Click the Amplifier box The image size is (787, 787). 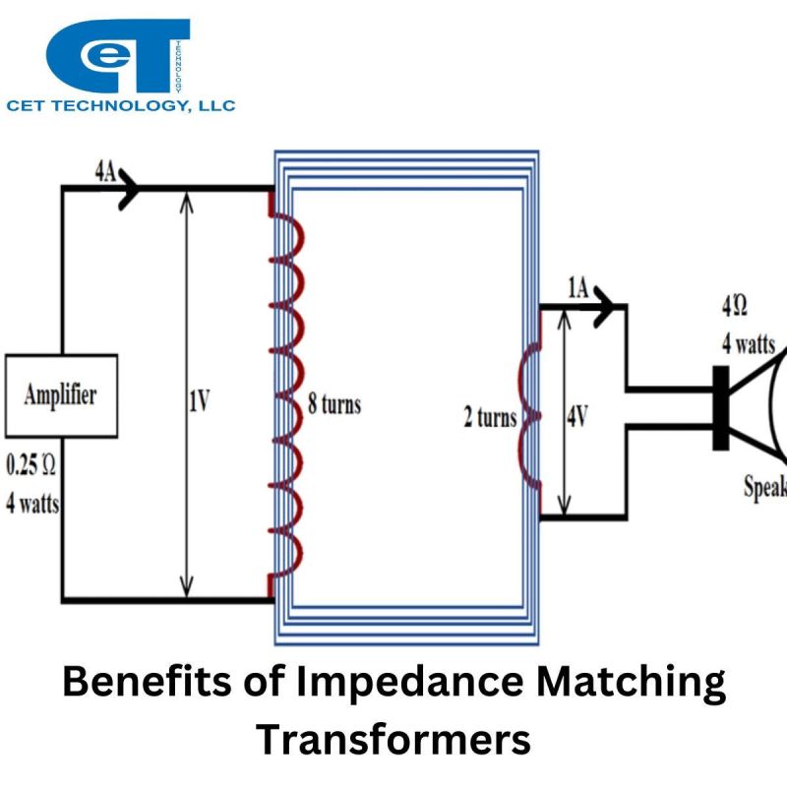click(61, 395)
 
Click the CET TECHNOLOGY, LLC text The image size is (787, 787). click(121, 105)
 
